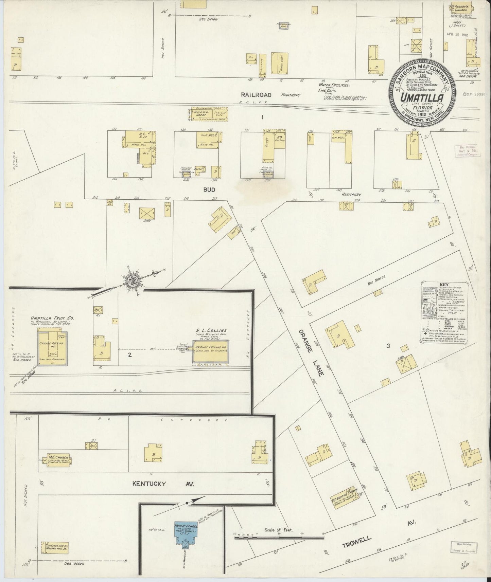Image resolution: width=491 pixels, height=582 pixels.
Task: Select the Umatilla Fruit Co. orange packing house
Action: pos(52,348)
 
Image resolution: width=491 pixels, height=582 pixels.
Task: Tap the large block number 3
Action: pos(388,346)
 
